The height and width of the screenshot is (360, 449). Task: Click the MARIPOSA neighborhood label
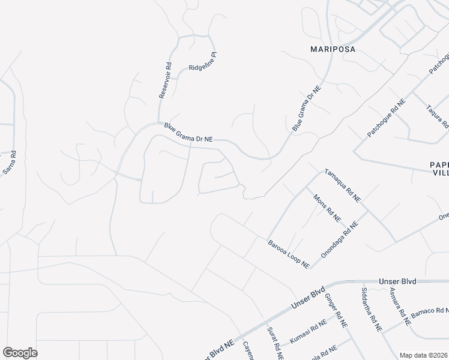pyautogui.click(x=333, y=49)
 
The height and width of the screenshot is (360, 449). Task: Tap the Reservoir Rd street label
pyautogui.click(x=165, y=78)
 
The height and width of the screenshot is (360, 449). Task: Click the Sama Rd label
pyautogui.click(x=10, y=162)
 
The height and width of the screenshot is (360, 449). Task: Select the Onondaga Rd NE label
pyautogui.click(x=339, y=239)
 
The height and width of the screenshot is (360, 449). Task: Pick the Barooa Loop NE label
pyautogui.click(x=289, y=253)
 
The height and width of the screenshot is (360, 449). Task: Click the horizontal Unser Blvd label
pyautogui.click(x=397, y=281)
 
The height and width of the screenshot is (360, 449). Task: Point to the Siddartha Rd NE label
pyautogui.click(x=372, y=310)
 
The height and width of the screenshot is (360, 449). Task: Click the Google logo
pyautogui.click(x=20, y=353)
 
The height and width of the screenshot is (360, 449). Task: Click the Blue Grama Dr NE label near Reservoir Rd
pyautogui.click(x=188, y=133)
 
